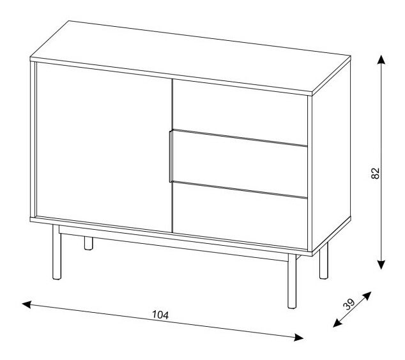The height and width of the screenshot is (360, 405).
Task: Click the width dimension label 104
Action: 160,315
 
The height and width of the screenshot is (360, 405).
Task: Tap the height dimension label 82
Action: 376,173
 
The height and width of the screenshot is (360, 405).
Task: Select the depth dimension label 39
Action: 349,304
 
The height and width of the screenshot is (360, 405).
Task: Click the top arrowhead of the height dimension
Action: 381,59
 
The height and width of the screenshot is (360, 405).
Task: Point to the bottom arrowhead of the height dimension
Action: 381,265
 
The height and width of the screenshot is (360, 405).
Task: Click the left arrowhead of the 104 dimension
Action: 27,304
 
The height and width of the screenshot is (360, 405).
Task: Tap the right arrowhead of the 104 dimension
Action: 299,337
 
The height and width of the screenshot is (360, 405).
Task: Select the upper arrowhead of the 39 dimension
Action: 367,296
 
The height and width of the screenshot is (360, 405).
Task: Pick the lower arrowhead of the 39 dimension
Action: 337,323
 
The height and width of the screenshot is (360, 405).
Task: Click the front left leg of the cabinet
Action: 57,252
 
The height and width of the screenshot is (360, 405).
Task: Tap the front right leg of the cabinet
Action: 292,281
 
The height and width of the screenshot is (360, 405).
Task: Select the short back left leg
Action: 88,243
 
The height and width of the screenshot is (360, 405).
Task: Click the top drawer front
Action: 240,112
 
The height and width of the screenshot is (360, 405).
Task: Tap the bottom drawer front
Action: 240,216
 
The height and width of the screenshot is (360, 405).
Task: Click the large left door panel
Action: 104,147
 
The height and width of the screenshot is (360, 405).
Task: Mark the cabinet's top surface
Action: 190,57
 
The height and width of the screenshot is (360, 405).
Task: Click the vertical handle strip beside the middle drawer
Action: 171,156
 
